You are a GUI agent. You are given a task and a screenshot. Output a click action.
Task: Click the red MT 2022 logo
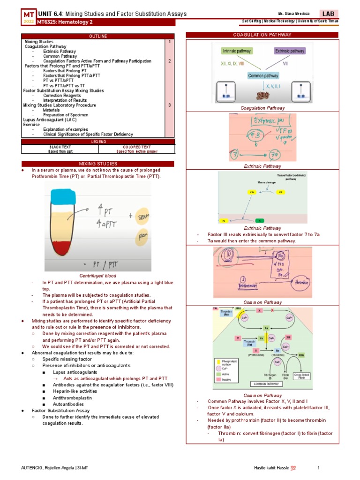29,18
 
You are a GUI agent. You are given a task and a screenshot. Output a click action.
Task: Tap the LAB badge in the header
328,14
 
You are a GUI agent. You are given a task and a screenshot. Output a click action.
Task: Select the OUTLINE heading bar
98,36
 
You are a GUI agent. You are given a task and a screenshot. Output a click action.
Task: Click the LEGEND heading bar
98,142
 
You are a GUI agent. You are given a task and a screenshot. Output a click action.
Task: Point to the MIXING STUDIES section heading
98,164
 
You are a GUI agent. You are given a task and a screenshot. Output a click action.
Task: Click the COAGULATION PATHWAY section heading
262,35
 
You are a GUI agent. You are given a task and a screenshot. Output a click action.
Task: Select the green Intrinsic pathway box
237,51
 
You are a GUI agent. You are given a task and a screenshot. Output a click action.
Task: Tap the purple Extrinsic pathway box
289,51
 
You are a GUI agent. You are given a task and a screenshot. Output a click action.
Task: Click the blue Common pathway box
263,75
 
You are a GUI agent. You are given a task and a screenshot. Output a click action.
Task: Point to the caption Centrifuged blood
97,276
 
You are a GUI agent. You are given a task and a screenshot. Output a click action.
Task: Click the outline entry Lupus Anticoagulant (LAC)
47,120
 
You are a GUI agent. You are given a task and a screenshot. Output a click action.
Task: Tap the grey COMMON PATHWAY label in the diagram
266,383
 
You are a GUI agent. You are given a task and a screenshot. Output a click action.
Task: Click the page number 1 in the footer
319,468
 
